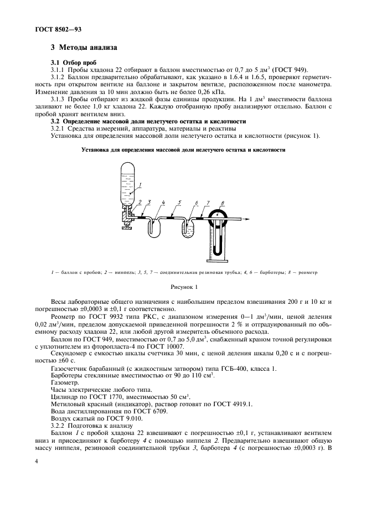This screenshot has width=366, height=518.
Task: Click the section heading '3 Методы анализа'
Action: coord(84,49)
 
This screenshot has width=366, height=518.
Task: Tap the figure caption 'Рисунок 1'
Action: coord(183,287)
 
